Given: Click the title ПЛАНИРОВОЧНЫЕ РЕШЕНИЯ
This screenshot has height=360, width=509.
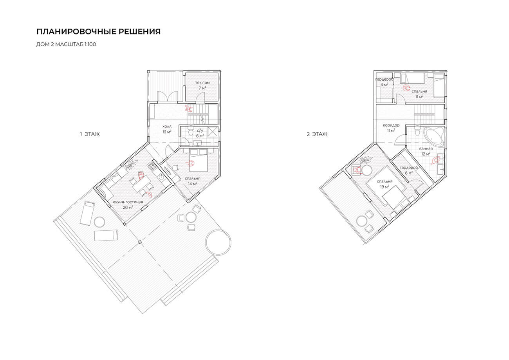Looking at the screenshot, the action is (98, 32).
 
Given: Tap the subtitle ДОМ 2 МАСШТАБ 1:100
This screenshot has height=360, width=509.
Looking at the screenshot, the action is (66, 44).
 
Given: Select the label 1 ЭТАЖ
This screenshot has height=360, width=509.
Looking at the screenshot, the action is (90, 134).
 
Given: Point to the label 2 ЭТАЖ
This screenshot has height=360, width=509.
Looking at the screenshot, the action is (317, 134).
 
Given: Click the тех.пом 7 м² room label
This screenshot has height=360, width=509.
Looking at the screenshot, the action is (202, 85).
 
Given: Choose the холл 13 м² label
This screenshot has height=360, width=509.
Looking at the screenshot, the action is (167, 129).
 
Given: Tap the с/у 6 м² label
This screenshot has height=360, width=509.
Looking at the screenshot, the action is (200, 133).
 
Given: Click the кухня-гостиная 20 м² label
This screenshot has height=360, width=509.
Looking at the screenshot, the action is (128, 204).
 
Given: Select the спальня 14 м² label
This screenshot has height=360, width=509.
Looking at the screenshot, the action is (193, 181).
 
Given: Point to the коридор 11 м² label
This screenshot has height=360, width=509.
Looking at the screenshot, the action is (391, 128).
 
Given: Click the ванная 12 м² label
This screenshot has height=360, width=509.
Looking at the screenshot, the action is (426, 151).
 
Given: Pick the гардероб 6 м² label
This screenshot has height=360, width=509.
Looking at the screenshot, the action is (409, 170).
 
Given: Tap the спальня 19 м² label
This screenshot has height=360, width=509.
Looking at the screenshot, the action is (385, 184).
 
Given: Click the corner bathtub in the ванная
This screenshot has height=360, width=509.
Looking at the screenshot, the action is (433, 137).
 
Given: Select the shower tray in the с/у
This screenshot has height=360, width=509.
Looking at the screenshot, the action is (213, 132).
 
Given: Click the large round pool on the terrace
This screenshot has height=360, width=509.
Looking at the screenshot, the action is (218, 242).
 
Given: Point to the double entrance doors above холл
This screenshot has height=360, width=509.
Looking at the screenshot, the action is (168, 96).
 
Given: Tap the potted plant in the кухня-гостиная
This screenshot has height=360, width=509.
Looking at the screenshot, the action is (131, 164).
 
